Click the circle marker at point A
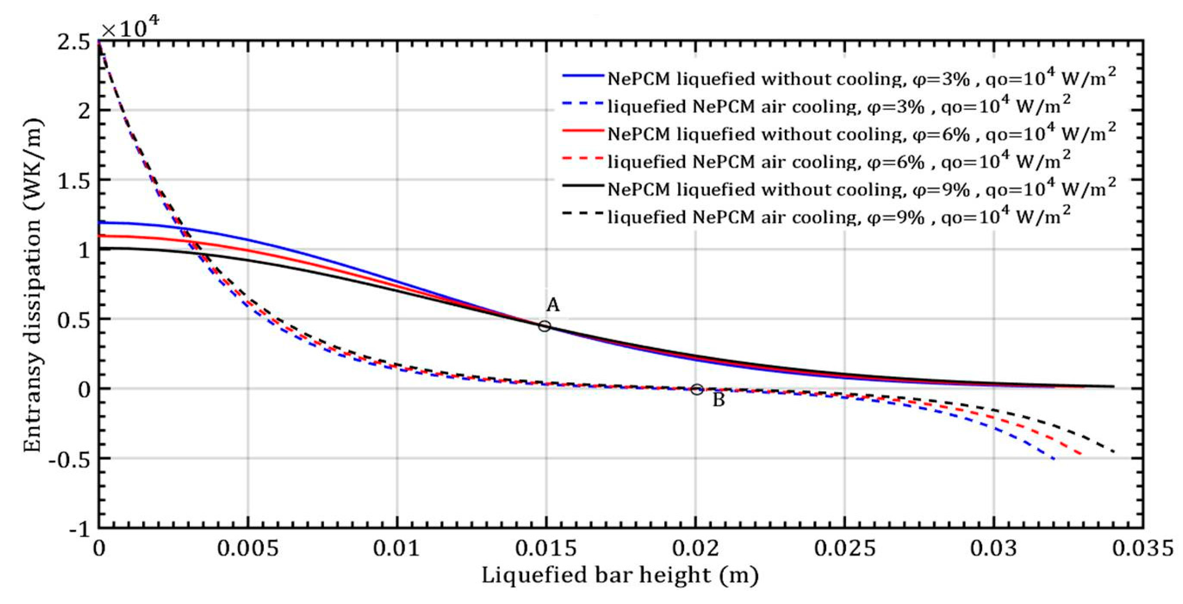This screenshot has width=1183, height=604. click(x=544, y=326)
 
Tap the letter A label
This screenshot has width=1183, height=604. click(x=553, y=305)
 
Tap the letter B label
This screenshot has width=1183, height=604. click(x=719, y=400)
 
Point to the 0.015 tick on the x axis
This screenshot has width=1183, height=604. click(x=546, y=549)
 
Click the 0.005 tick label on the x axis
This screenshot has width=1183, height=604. click(x=248, y=549)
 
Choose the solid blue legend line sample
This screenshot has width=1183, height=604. click(x=582, y=75)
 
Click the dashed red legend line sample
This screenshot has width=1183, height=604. click(x=582, y=158)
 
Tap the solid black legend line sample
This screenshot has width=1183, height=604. click(x=582, y=185)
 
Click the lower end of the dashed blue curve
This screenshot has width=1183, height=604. click(x=1054, y=459)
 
